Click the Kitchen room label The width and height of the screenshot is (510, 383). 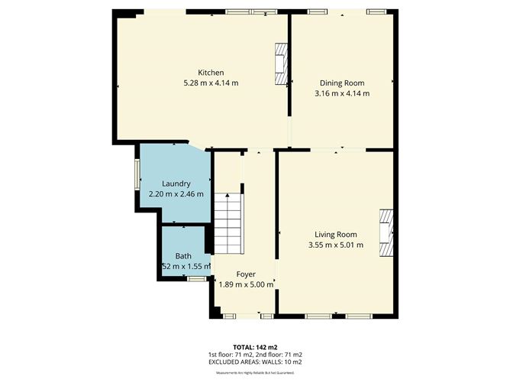(211, 73)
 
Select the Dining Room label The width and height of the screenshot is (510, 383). (341, 83)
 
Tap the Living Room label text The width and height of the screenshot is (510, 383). (336, 235)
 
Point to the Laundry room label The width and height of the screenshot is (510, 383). (176, 183)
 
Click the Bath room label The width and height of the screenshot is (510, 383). (183, 256)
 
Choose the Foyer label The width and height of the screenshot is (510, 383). (245, 274)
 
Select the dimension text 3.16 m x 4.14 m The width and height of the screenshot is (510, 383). (341, 93)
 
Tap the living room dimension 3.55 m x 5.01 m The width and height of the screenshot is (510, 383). (336, 245)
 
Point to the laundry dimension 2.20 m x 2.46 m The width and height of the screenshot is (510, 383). (176, 194)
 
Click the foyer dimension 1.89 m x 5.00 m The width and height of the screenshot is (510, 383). (245, 284)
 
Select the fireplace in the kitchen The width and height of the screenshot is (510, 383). (282, 64)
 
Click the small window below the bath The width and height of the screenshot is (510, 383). (196, 279)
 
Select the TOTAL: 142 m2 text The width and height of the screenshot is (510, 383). (255, 347)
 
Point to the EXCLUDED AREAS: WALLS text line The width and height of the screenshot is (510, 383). (255, 362)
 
